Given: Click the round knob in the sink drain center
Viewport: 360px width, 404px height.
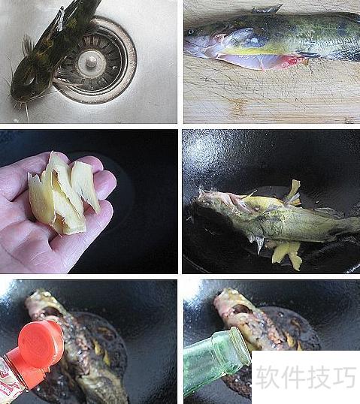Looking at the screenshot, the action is coord(91,62).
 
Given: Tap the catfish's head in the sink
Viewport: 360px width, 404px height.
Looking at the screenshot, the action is coord(25,83).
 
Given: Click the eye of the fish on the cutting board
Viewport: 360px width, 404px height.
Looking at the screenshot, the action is coord(191,32).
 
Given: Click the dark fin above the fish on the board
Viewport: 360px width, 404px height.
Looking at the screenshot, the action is coord(266,9).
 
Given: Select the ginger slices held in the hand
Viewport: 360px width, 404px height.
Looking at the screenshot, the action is coord(64,193).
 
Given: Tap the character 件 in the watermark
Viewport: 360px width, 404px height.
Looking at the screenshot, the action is coord(293,377).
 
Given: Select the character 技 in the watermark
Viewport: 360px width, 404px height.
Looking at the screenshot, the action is coord(319,377).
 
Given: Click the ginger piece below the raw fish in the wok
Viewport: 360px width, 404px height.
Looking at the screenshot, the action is coord(287,255).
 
